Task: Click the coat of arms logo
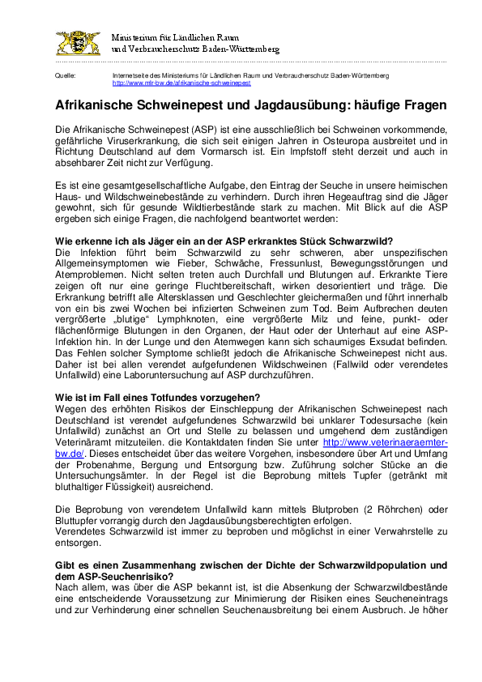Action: tap(78, 43)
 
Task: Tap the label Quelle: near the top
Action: tap(65, 75)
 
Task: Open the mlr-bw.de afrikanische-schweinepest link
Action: tap(181, 83)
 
